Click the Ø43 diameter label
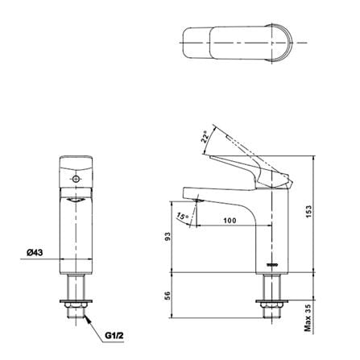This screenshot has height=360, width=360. coord(35,253)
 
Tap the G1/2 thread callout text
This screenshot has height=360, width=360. coord(114,335)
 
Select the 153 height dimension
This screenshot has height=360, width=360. coord(308,212)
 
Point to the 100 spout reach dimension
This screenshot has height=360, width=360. coord(230,221)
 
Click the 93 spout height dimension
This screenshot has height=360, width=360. coord(167,236)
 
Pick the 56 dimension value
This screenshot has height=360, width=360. coord(167,296)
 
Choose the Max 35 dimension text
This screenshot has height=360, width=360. coord(308,317)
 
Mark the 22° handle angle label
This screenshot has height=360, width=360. coord(205,137)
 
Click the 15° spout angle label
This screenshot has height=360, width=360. coord(183,217)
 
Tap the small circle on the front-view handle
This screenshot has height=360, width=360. coord(76,179)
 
